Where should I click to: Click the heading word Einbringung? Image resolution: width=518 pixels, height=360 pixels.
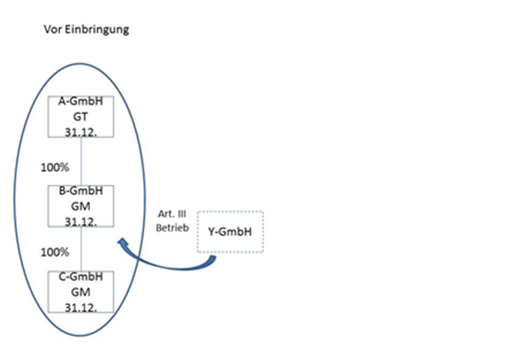97,30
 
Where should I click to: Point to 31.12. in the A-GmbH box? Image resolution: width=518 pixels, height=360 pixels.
80,130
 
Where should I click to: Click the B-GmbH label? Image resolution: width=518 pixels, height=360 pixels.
80,191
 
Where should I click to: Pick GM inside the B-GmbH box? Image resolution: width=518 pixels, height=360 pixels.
80,205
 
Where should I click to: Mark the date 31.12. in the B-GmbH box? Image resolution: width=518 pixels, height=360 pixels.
80,219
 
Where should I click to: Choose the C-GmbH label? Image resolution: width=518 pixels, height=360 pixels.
80,278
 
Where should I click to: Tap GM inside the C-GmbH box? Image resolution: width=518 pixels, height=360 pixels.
80,292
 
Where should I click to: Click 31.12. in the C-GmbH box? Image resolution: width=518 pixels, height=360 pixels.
80,306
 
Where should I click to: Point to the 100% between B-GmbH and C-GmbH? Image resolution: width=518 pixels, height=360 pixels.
56,251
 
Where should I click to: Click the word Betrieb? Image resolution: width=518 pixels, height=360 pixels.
172,227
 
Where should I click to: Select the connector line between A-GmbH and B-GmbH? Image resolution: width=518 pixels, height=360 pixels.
80,161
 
